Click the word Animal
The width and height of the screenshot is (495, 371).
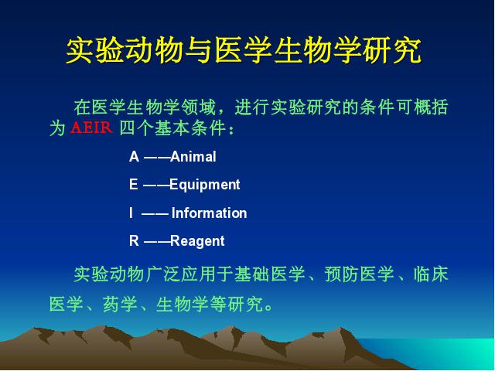coord(193,157)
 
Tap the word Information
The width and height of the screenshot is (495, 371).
coord(210,213)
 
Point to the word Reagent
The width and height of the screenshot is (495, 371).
coord(198,241)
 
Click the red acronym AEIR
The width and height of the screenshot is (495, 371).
coord(91,128)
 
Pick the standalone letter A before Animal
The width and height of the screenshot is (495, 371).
coord(134,157)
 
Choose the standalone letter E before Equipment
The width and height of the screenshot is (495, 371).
coord(134,184)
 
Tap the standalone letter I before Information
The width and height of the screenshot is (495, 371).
coord(131,213)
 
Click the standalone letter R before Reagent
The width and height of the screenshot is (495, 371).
coord(134,240)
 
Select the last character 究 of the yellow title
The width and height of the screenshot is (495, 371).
coord(408,50)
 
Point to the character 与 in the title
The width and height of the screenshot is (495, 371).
coord(200,50)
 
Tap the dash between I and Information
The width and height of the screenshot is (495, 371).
coord(155,214)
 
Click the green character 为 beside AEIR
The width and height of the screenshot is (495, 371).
coord(58,128)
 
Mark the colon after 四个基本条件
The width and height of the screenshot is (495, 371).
coord(231,131)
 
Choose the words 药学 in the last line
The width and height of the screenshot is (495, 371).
coord(120,304)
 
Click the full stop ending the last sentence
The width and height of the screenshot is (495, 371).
coord(268,308)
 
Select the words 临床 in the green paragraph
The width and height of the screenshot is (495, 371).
coord(431,274)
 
